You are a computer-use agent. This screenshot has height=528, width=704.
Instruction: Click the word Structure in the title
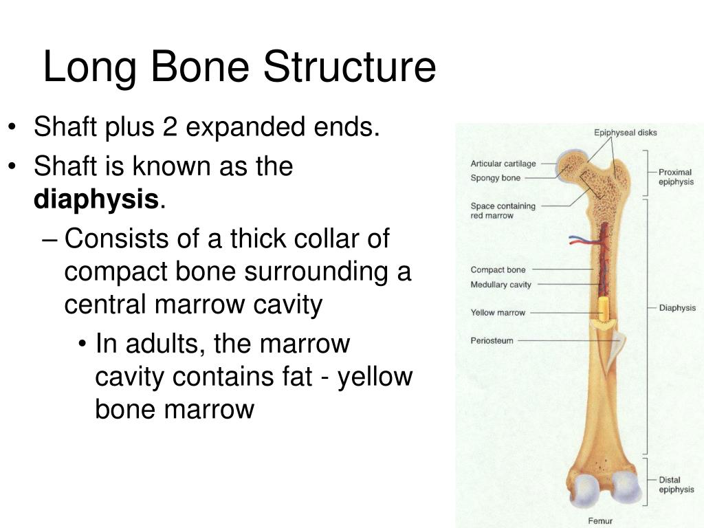349,67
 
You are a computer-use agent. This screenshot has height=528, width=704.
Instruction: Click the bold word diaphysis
96,199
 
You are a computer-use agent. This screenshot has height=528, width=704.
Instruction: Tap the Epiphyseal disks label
625,133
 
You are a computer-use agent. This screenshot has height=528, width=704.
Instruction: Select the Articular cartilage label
503,164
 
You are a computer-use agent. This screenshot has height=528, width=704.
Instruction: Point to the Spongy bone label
495,178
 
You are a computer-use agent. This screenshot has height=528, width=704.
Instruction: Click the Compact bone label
498,269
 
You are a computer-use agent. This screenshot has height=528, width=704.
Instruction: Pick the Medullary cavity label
500,285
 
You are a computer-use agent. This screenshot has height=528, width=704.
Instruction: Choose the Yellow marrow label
498,313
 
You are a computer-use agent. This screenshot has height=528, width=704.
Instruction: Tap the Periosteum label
492,341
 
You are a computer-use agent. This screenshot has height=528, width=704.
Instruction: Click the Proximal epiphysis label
676,177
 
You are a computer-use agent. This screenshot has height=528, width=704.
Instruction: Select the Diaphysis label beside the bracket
677,308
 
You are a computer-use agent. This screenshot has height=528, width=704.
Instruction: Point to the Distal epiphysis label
676,485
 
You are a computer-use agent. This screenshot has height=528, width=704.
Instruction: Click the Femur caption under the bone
600,521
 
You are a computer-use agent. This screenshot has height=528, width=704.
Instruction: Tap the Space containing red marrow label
503,210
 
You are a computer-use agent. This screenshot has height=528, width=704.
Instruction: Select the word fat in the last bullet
297,376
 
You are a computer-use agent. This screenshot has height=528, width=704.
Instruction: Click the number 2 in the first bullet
170,126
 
